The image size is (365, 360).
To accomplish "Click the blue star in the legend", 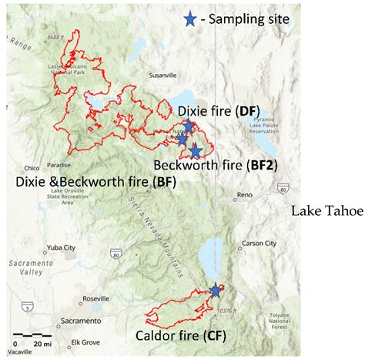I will coord(189,19).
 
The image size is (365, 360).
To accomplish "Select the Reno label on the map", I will coord(245,195).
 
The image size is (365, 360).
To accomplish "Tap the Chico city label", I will coord(32,167).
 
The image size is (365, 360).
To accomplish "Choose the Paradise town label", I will coord(58,164).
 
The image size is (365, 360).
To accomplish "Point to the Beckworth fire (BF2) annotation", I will coord(215,165).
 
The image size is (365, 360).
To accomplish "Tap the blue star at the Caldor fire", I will coord(215,291).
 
